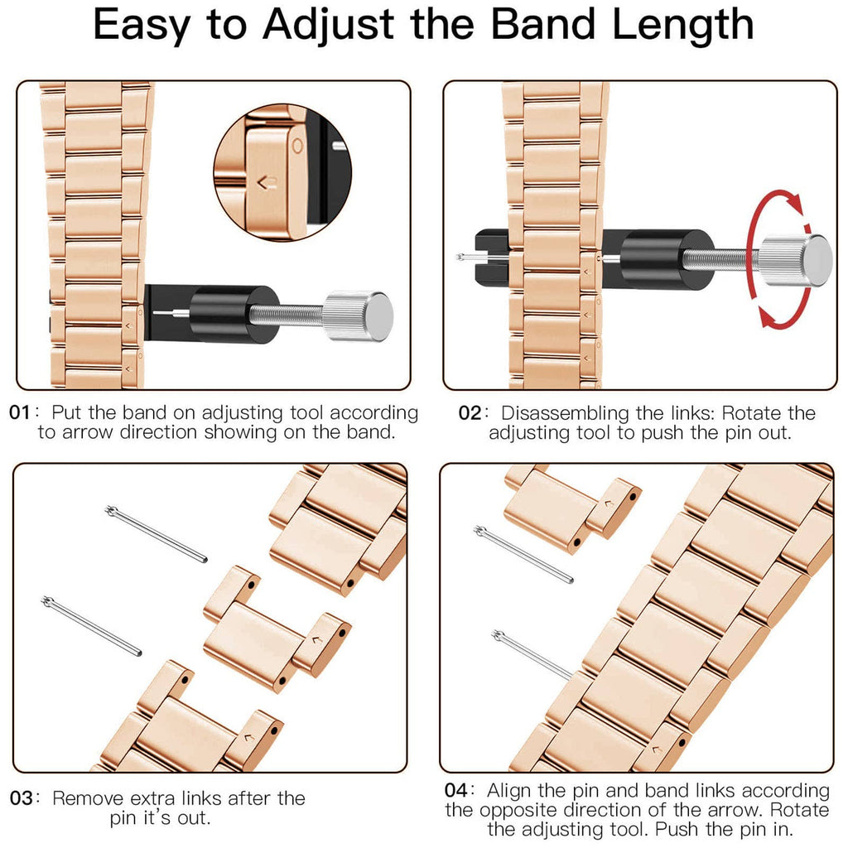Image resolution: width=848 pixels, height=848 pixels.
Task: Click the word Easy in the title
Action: tap(142, 26)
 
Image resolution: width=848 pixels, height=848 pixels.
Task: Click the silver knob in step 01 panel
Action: tap(358, 316)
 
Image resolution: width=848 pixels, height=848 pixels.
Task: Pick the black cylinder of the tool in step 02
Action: tap(654, 259)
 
